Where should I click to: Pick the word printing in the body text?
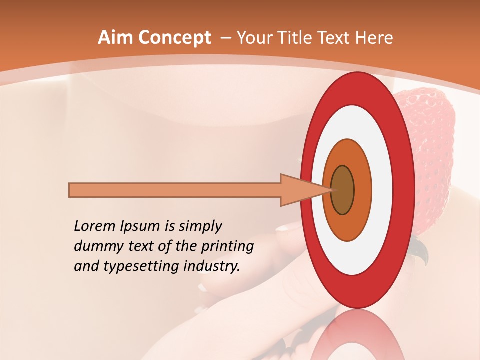227,247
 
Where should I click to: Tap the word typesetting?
138,267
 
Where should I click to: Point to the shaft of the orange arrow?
175,190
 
